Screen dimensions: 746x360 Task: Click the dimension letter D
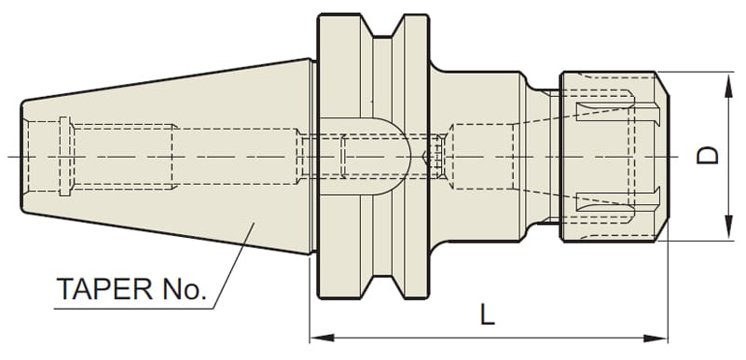(707, 156)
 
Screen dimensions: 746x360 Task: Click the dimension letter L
(487, 314)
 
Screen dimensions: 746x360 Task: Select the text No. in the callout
(185, 289)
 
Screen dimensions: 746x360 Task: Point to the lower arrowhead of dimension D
(729, 228)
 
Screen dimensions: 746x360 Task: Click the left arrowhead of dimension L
(322, 339)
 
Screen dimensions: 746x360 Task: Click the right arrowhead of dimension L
(656, 339)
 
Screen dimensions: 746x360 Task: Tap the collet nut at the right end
(615, 157)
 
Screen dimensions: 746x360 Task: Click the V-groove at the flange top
(382, 27)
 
